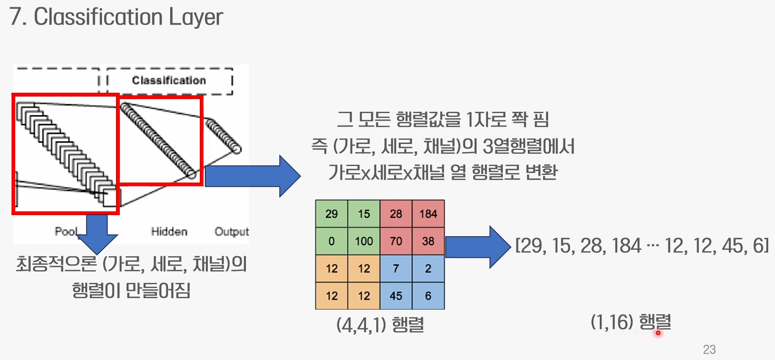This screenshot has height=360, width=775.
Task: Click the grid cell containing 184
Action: point(428,214)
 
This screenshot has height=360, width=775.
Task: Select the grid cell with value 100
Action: point(364,241)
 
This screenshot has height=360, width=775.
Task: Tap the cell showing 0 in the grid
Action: point(331,241)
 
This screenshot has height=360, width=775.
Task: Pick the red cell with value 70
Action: point(396,241)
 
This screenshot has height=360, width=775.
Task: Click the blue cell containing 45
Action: point(396,296)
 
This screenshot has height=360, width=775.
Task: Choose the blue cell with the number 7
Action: point(396,269)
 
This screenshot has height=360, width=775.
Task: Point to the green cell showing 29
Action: point(331,214)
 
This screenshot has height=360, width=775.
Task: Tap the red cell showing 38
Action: point(428,241)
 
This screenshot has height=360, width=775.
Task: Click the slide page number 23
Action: point(709,349)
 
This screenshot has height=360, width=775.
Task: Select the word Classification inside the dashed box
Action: point(169,80)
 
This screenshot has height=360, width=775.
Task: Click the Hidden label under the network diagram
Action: point(169,232)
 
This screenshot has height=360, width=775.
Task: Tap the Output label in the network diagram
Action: point(232,232)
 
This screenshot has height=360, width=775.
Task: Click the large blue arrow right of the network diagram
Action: point(252,176)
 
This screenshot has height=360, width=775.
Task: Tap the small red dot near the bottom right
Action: point(658,333)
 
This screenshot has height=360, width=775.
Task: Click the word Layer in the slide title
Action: point(196,17)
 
